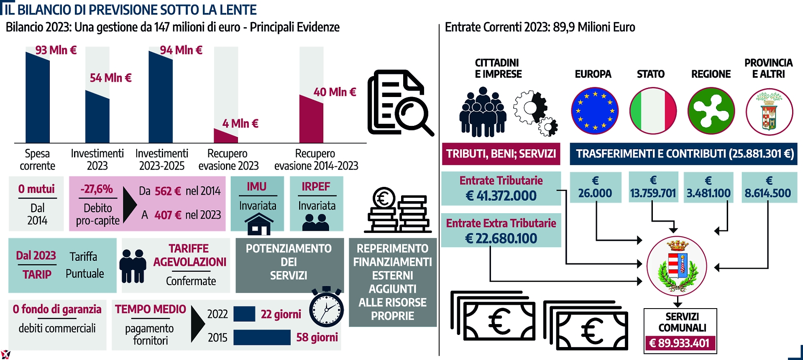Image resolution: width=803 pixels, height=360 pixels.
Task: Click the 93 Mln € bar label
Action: point(56,50)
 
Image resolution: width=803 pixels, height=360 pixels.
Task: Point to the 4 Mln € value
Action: point(240,123)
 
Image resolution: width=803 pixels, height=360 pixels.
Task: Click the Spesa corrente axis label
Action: point(37,160)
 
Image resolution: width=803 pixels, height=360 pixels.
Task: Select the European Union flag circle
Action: point(594,111)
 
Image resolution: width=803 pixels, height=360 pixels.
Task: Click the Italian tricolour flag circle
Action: point(652,111)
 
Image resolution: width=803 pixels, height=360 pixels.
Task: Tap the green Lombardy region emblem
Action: point(711,111)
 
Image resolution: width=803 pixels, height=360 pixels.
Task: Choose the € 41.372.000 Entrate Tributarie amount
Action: point(501,196)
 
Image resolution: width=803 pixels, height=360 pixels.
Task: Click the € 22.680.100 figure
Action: point(501,238)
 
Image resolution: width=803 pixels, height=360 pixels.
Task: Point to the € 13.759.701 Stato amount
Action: point(653,193)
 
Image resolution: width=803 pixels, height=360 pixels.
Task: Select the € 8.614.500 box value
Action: point(768,193)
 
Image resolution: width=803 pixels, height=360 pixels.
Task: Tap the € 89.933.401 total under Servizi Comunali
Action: point(680,343)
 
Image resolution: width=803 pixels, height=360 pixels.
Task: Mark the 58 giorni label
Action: point(317,337)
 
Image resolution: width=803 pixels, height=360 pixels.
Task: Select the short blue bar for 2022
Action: point(244,314)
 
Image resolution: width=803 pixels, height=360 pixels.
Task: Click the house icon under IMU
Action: point(258,224)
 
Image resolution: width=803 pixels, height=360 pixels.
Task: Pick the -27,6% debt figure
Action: point(97,189)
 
